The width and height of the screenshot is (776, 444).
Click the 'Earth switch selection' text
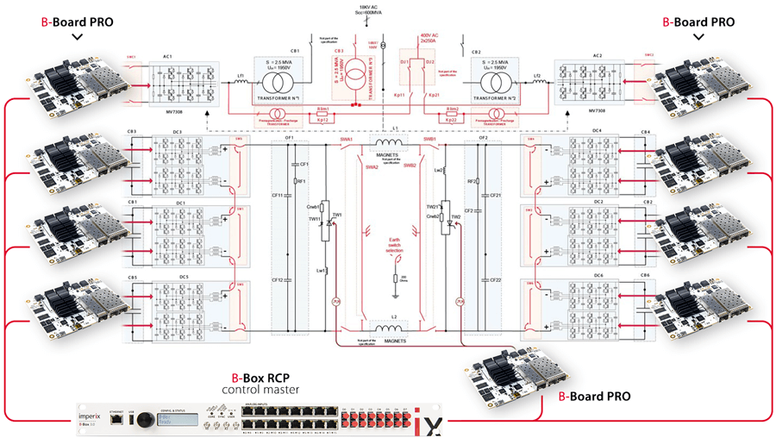[396, 251]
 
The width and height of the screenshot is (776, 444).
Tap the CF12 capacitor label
[278, 280]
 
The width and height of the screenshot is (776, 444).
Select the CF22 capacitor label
[496, 280]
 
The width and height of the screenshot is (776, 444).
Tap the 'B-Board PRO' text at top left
[77, 23]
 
